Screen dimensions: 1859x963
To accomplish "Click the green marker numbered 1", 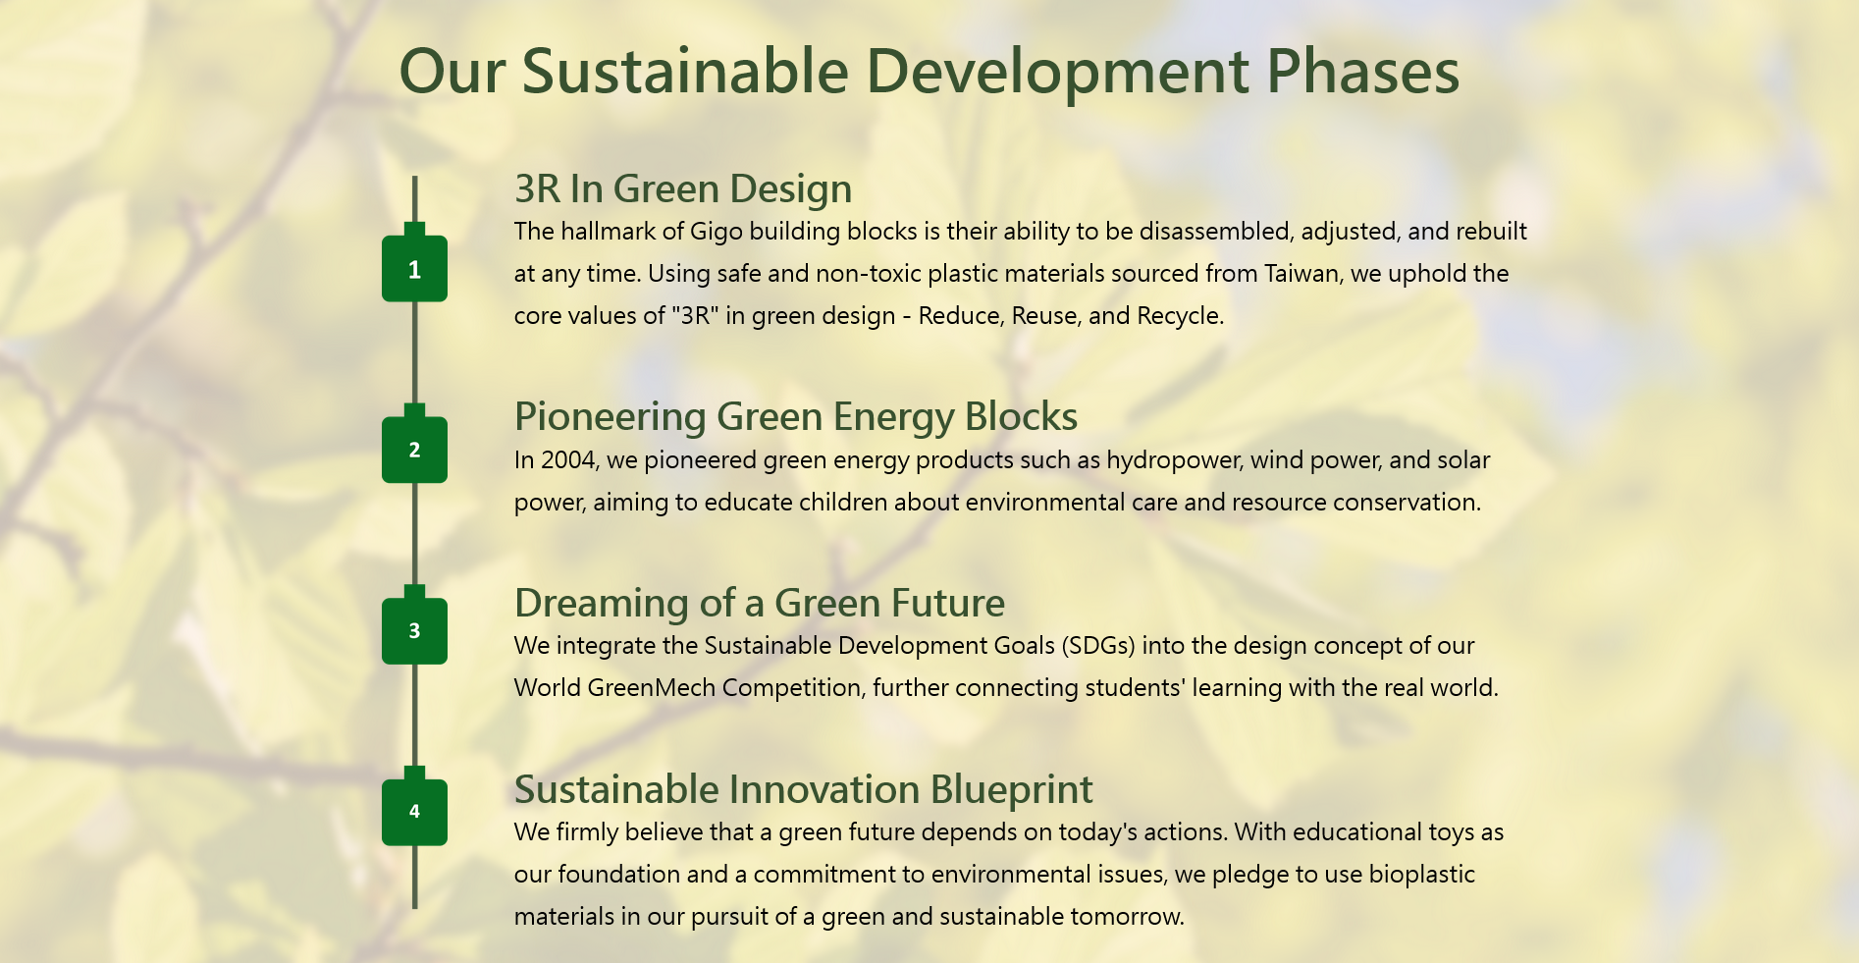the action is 414,267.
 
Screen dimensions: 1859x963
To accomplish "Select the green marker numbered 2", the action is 414,449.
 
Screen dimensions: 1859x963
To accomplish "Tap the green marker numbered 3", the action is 414,629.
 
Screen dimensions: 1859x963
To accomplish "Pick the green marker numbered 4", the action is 414,811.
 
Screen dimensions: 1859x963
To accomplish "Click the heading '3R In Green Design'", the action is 683,188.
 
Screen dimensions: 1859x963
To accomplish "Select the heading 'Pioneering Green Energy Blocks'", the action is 796,416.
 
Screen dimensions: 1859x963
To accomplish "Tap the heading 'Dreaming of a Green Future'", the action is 760,603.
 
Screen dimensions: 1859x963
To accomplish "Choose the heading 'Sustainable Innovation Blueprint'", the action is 804,789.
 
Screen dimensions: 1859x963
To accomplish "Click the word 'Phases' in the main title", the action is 1363,73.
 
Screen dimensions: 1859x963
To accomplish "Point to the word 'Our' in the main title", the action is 452,73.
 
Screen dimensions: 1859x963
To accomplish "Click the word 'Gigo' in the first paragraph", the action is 717,232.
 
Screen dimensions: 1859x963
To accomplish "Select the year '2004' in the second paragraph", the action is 567,459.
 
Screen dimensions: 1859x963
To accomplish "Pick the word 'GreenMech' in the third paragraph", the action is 652,687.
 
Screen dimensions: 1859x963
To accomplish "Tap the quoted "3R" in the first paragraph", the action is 696,315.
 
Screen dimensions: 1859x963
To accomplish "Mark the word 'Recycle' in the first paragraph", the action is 1178,316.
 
